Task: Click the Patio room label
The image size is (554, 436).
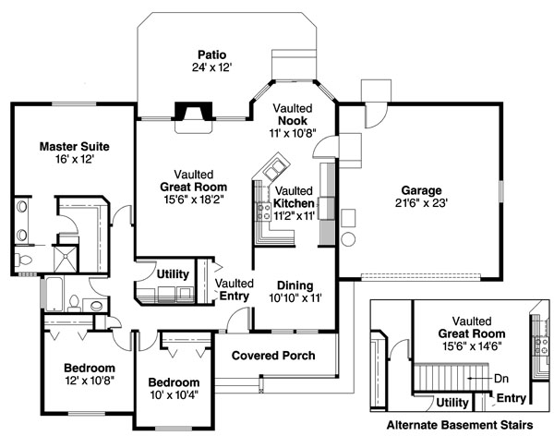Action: coord(211,54)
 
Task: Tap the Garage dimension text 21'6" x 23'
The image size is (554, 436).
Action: coord(422,203)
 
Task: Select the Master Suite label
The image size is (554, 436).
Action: coord(74,146)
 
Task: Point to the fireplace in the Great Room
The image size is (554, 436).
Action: coord(194,112)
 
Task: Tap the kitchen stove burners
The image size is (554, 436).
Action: coord(263,212)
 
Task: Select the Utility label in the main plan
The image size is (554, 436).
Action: coord(173,274)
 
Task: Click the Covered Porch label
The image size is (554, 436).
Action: coord(273,356)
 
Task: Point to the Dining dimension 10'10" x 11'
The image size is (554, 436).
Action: coord(295,298)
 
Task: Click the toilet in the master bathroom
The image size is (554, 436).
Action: coord(24,260)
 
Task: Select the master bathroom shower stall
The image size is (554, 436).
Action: coord(65,259)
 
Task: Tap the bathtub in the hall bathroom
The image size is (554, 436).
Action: coord(54,294)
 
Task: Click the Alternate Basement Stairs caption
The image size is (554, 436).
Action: coord(460,424)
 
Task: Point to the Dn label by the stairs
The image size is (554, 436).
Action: coord(501,379)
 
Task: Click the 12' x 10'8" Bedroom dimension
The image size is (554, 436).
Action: coord(90,381)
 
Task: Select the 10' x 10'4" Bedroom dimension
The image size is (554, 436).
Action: coord(175,394)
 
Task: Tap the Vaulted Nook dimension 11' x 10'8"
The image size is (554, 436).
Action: coord(293,133)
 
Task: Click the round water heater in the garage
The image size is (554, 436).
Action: coord(348,239)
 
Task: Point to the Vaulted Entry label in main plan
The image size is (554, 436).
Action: coord(235,290)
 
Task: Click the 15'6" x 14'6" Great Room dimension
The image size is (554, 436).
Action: coord(472,345)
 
